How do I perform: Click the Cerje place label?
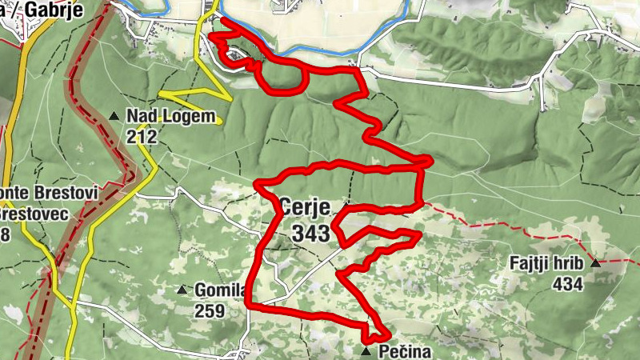304,206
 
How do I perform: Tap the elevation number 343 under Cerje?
310,233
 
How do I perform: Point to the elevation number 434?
566,283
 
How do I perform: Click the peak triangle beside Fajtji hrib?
594,263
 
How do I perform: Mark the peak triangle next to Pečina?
366,351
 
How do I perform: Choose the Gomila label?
220,290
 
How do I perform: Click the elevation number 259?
210,310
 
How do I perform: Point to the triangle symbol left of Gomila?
182,290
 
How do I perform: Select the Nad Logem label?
171,117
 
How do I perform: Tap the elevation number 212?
141,137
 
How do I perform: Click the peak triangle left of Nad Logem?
114,117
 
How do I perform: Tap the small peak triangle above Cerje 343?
346,206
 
